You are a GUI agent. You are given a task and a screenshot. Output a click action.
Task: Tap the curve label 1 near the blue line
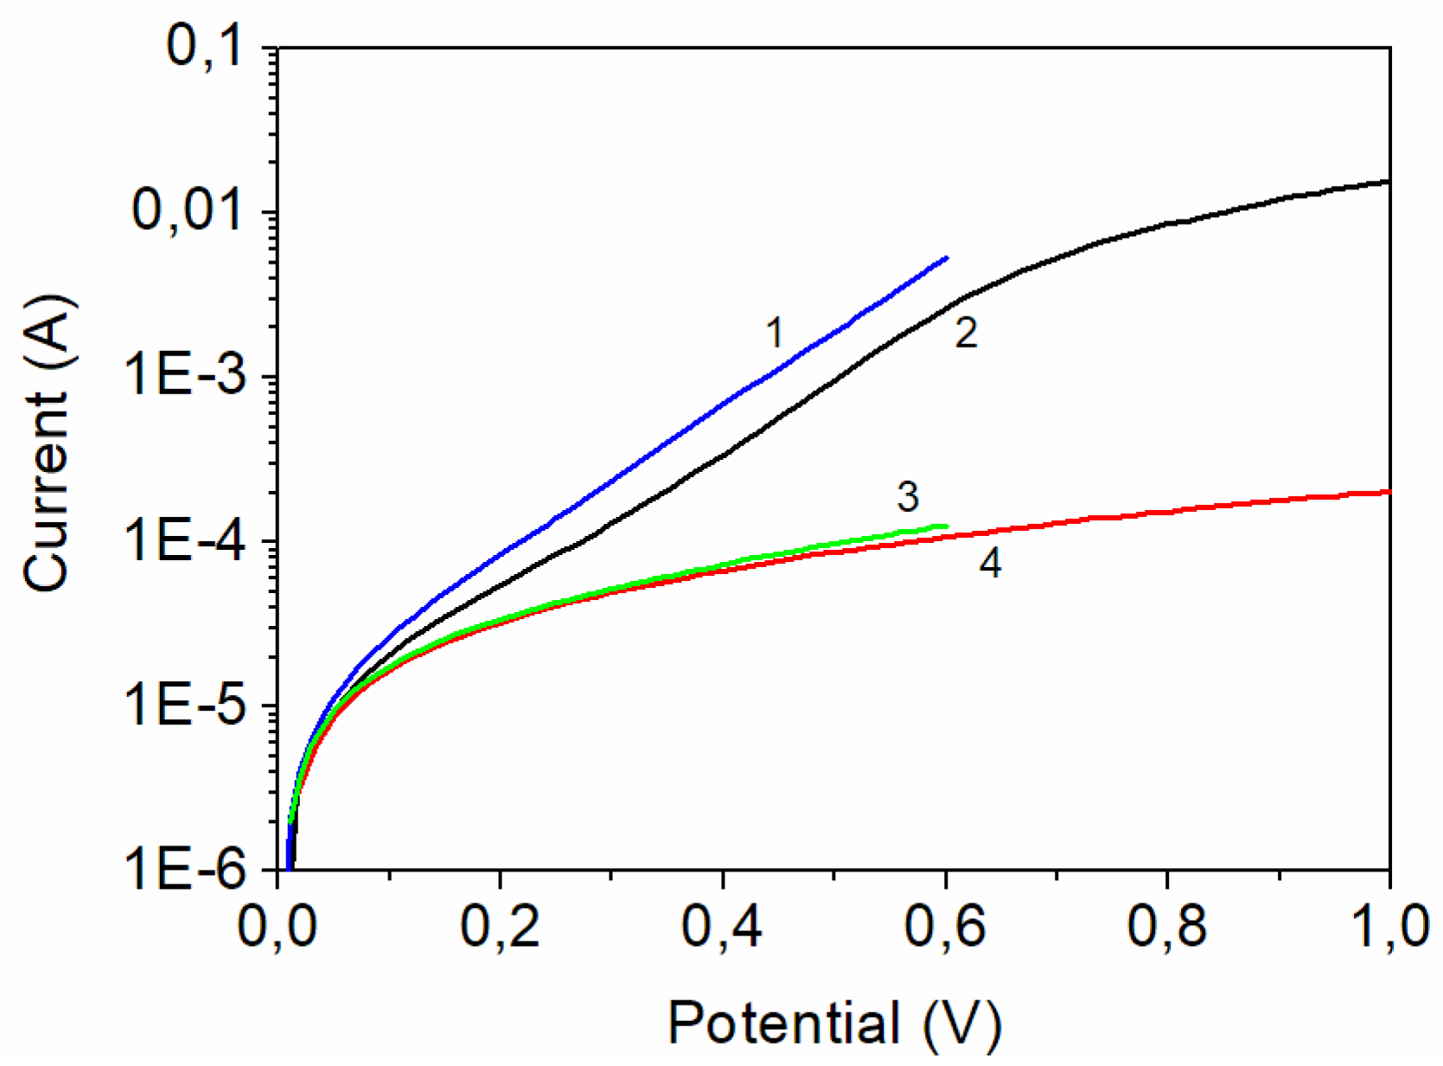pyautogui.click(x=775, y=332)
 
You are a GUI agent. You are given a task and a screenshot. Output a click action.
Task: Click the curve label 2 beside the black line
pyautogui.click(x=966, y=333)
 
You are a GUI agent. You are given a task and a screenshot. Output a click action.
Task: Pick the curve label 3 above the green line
pyautogui.click(x=908, y=497)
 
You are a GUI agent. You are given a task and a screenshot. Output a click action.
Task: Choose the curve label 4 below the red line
pyautogui.click(x=990, y=564)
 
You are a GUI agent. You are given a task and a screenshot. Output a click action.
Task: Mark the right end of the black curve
pyautogui.click(x=1388, y=182)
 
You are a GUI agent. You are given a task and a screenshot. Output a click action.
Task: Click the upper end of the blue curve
pyautogui.click(x=947, y=258)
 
